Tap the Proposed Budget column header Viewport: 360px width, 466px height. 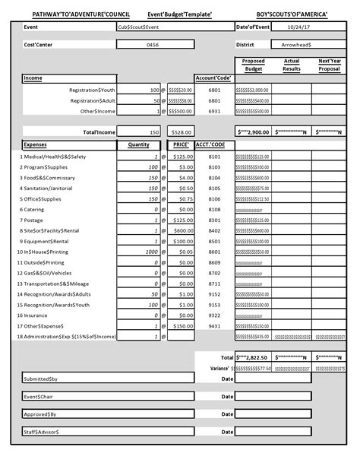click(x=253, y=65)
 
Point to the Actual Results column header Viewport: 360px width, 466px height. click(x=292, y=65)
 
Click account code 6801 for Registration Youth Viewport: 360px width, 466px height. click(x=213, y=90)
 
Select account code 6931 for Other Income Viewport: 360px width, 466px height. click(x=213, y=111)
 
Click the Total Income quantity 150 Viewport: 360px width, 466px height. click(x=154, y=132)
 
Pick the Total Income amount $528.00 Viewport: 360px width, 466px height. click(x=182, y=132)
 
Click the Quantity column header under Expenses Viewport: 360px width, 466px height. click(x=138, y=144)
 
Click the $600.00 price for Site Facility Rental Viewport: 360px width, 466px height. click(x=182, y=230)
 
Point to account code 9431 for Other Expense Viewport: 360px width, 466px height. click(x=213, y=325)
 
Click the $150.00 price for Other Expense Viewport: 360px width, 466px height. click(x=182, y=325)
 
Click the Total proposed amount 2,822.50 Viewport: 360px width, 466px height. click(x=253, y=357)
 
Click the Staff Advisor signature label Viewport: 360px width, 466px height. click(x=41, y=431)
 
